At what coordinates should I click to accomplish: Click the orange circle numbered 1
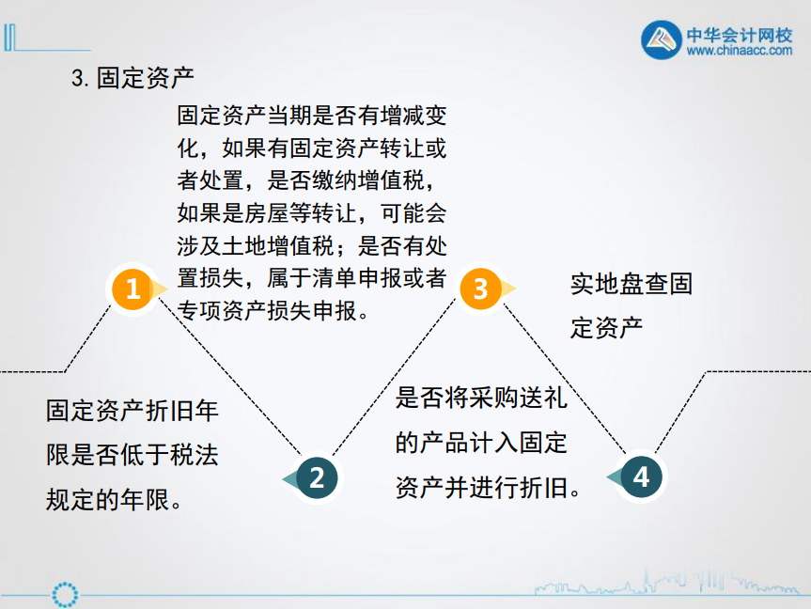pos(133,289)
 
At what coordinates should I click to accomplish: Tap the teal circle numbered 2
pos(317,477)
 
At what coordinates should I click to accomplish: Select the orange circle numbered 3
pos(480,289)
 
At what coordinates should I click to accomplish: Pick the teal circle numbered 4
pos(641,476)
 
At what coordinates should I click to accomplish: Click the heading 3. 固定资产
pos(133,78)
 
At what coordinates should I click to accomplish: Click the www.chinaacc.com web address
pos(740,53)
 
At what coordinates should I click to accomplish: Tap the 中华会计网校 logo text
pos(740,35)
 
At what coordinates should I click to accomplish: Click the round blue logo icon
pos(663,40)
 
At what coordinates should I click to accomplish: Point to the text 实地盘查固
pos(631,284)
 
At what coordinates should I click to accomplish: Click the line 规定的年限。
pos(114,499)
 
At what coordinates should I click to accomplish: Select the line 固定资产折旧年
pos(132,411)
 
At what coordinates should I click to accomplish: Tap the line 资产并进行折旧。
pos(489,487)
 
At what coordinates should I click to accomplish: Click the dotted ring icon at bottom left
pos(67,594)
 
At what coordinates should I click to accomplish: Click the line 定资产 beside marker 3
pos(606,329)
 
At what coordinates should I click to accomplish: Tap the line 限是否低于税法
pos(132,455)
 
